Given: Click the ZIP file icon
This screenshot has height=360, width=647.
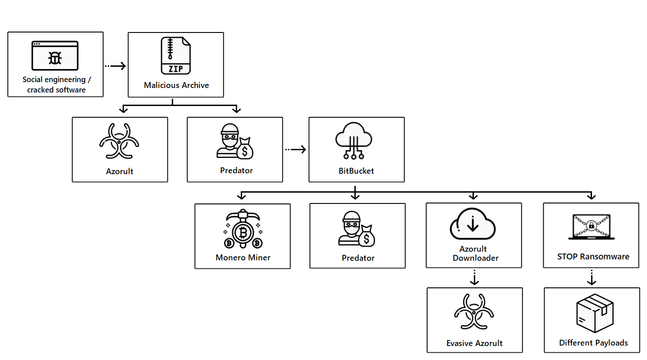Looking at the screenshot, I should [176, 55].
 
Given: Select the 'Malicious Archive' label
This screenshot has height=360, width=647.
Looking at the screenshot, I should [176, 85].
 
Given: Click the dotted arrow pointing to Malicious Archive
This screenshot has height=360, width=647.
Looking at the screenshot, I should [115, 66].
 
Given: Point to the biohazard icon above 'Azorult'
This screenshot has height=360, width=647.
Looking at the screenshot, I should [119, 141].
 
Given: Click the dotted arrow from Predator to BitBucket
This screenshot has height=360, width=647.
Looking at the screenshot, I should [295, 149].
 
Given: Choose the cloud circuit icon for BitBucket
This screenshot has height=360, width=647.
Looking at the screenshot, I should [356, 141].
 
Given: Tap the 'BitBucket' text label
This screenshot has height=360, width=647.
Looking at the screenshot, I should [356, 171].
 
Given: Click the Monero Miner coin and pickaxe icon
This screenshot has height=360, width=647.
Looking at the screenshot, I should [243, 230].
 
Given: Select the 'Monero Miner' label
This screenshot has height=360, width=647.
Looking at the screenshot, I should [243, 258].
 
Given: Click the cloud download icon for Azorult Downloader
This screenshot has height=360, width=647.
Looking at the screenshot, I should [473, 225].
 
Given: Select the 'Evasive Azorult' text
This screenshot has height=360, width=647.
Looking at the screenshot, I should [474, 343].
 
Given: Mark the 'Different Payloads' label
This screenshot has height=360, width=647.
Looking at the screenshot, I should [593, 343].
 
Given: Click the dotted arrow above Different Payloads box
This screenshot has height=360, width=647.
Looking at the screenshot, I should [592, 277].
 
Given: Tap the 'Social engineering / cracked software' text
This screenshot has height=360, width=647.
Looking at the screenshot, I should [56, 84].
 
